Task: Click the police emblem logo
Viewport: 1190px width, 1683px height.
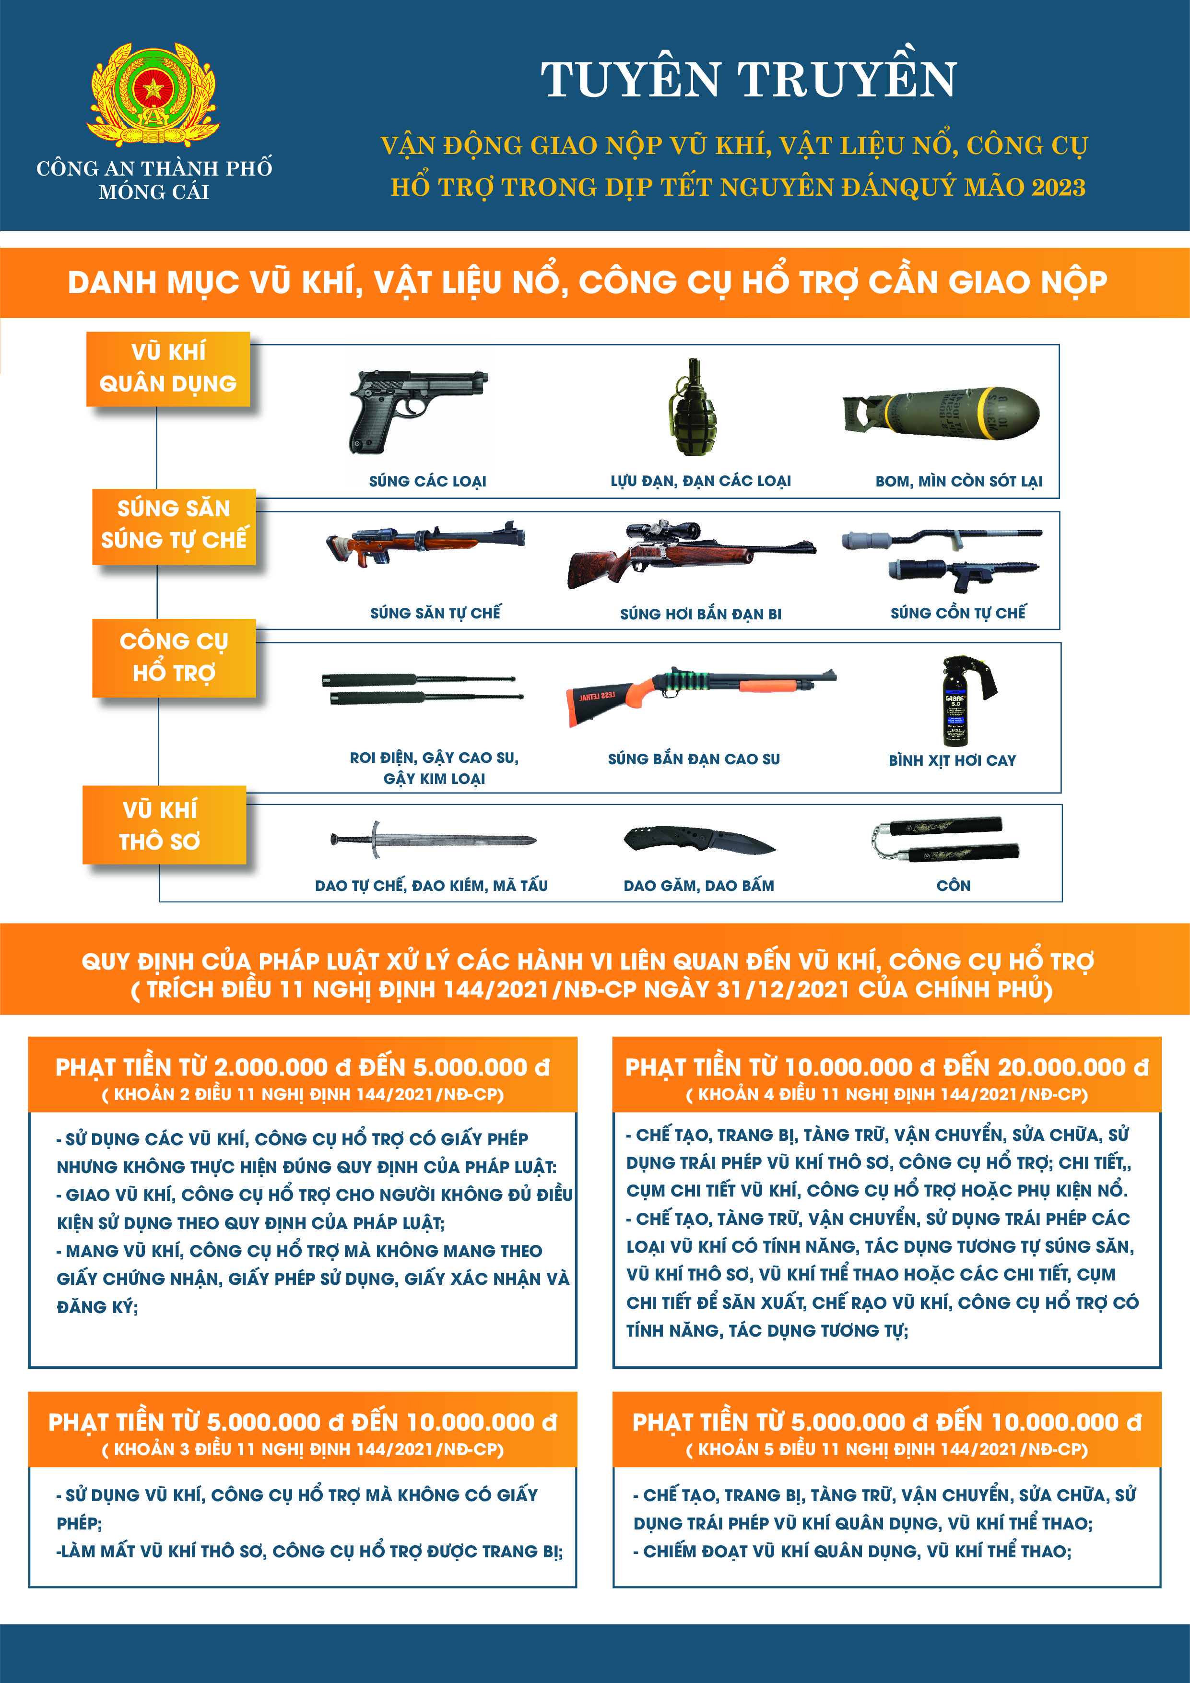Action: [153, 94]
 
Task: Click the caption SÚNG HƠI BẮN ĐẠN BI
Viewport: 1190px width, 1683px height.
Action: [700, 614]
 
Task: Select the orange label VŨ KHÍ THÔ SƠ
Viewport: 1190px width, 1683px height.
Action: [160, 825]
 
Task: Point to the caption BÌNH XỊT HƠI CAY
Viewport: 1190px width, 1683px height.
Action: [952, 760]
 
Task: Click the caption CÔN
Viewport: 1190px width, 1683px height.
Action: [954, 886]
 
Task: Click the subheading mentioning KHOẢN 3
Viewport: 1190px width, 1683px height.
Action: [303, 1449]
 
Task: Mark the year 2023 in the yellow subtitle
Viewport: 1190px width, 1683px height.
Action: [1058, 188]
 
